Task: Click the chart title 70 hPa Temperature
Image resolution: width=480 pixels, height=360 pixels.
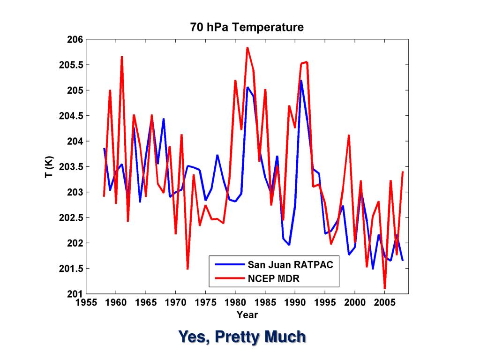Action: click(x=247, y=27)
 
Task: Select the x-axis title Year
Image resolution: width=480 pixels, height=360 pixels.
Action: click(x=247, y=315)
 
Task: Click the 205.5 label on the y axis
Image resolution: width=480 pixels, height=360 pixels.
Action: click(x=71, y=65)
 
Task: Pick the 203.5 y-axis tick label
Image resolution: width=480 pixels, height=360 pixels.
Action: click(x=71, y=167)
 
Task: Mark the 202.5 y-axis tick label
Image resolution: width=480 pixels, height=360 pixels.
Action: click(x=71, y=218)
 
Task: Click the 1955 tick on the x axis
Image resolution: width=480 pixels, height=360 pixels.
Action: click(x=86, y=303)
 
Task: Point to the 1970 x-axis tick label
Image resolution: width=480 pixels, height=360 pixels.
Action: click(x=175, y=303)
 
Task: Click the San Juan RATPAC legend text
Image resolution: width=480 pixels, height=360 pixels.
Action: click(x=290, y=265)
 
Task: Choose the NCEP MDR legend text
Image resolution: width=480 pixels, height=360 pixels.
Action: click(x=273, y=278)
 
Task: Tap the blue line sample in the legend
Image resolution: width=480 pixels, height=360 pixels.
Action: click(x=229, y=265)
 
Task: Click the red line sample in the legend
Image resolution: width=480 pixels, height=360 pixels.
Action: click(x=229, y=278)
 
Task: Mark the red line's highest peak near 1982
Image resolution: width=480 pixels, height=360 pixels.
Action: click(x=247, y=48)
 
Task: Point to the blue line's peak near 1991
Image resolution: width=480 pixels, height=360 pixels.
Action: click(x=301, y=81)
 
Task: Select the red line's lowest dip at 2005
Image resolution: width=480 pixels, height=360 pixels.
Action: click(x=385, y=288)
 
